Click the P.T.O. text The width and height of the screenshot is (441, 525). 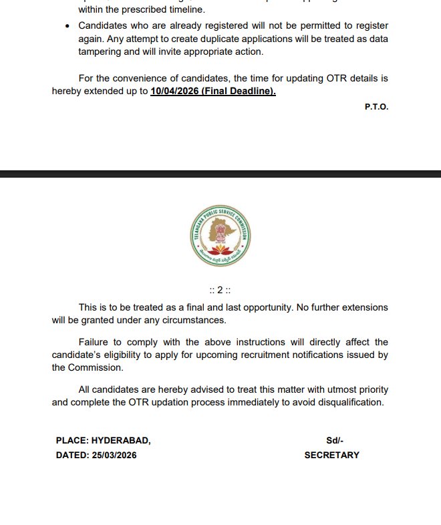pyautogui.click(x=376, y=107)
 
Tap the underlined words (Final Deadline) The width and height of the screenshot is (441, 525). pyautogui.click(x=239, y=92)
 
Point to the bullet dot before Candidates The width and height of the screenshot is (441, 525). pyautogui.click(x=67, y=25)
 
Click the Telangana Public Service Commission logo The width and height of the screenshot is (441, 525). pyautogui.click(x=220, y=234)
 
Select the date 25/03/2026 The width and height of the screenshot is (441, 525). pyautogui.click(x=116, y=455)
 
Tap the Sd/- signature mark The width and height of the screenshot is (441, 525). pyautogui.click(x=334, y=440)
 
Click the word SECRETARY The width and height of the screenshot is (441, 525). pyautogui.click(x=331, y=455)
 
